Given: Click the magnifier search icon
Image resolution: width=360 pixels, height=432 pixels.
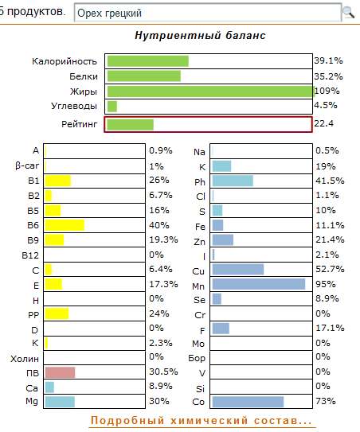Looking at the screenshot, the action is [x=348, y=12].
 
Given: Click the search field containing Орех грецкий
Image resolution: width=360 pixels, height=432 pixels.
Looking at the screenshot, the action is [x=208, y=13].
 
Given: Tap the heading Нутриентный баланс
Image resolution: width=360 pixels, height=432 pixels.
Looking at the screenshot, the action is [x=200, y=36].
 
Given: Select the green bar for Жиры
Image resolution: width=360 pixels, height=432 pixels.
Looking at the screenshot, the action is [x=211, y=91].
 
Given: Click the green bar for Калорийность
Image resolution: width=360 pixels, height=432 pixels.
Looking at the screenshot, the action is [x=148, y=61].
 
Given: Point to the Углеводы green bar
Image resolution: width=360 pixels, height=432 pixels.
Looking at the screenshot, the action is [x=112, y=107].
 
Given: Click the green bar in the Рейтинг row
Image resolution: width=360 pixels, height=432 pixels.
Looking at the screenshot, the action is [x=130, y=125].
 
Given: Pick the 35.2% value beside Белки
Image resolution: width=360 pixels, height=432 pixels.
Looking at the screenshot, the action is [x=328, y=76].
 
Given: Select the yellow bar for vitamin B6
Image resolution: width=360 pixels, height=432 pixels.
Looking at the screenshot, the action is [x=65, y=225].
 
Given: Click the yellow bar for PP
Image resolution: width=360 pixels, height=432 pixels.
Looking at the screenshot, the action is [x=57, y=313].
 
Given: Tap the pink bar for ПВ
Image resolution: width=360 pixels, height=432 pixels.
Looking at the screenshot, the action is [x=60, y=372].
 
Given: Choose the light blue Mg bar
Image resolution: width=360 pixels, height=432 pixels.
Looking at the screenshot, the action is [x=60, y=402].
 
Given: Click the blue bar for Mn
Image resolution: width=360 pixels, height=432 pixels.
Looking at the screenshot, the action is [x=259, y=284].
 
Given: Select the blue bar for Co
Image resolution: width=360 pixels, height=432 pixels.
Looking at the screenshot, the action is [x=248, y=402].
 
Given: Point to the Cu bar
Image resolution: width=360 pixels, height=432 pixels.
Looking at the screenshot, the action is [x=238, y=269].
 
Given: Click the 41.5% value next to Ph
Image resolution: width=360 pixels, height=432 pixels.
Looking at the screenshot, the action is [x=330, y=181].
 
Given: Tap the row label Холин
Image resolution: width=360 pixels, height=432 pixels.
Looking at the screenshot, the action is [x=25, y=359].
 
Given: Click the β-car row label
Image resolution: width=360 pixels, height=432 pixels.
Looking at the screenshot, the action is [x=27, y=165].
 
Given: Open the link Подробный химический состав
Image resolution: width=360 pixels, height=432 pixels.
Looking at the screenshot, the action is [x=202, y=421].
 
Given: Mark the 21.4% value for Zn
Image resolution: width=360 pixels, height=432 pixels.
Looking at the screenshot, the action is [x=330, y=239].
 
